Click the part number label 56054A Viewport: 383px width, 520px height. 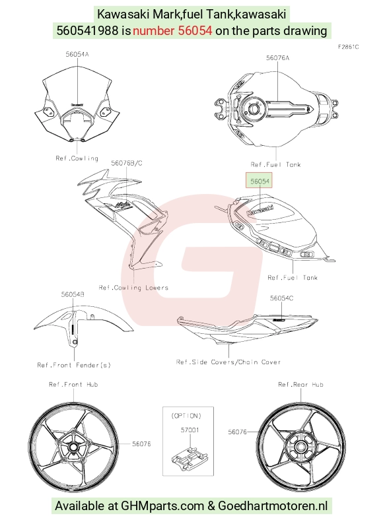point(77,54)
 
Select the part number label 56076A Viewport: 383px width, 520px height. point(277,58)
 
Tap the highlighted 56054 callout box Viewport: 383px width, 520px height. point(260,181)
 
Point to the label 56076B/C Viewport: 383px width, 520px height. point(127,163)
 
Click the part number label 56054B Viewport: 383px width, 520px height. point(73,294)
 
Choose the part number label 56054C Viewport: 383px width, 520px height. point(281,298)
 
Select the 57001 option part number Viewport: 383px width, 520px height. point(190,430)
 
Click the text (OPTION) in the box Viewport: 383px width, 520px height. point(186,416)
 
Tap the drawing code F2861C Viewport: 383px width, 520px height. point(348,47)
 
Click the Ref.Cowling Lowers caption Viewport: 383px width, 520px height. point(133,288)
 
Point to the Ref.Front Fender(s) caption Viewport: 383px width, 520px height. point(74,365)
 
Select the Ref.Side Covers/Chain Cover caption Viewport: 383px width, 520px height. point(228,362)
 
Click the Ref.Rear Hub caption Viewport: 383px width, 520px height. point(300,384)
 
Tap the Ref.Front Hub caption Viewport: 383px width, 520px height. point(73,384)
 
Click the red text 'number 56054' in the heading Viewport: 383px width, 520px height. point(172,30)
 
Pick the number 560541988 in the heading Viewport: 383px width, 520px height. point(87,30)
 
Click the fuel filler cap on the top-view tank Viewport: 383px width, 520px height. point(254,108)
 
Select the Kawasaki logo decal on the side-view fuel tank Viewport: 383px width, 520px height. point(260,211)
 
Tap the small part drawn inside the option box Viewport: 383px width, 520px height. point(188,458)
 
